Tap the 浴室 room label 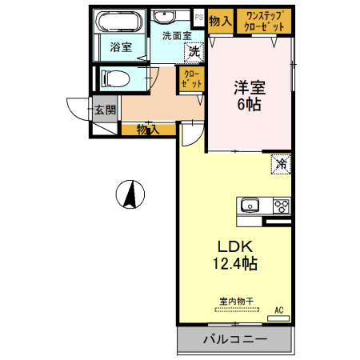coord(122,48)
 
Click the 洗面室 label coord(176,36)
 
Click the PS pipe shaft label coord(198,14)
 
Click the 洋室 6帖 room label coord(248,94)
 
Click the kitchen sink coord(250,205)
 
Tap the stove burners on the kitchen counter coord(282,205)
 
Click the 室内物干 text coord(236,302)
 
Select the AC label coord(279,310)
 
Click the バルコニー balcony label coord(234,339)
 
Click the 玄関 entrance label coord(106,110)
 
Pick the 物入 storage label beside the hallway coord(147,129)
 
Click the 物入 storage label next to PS coord(220,22)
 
